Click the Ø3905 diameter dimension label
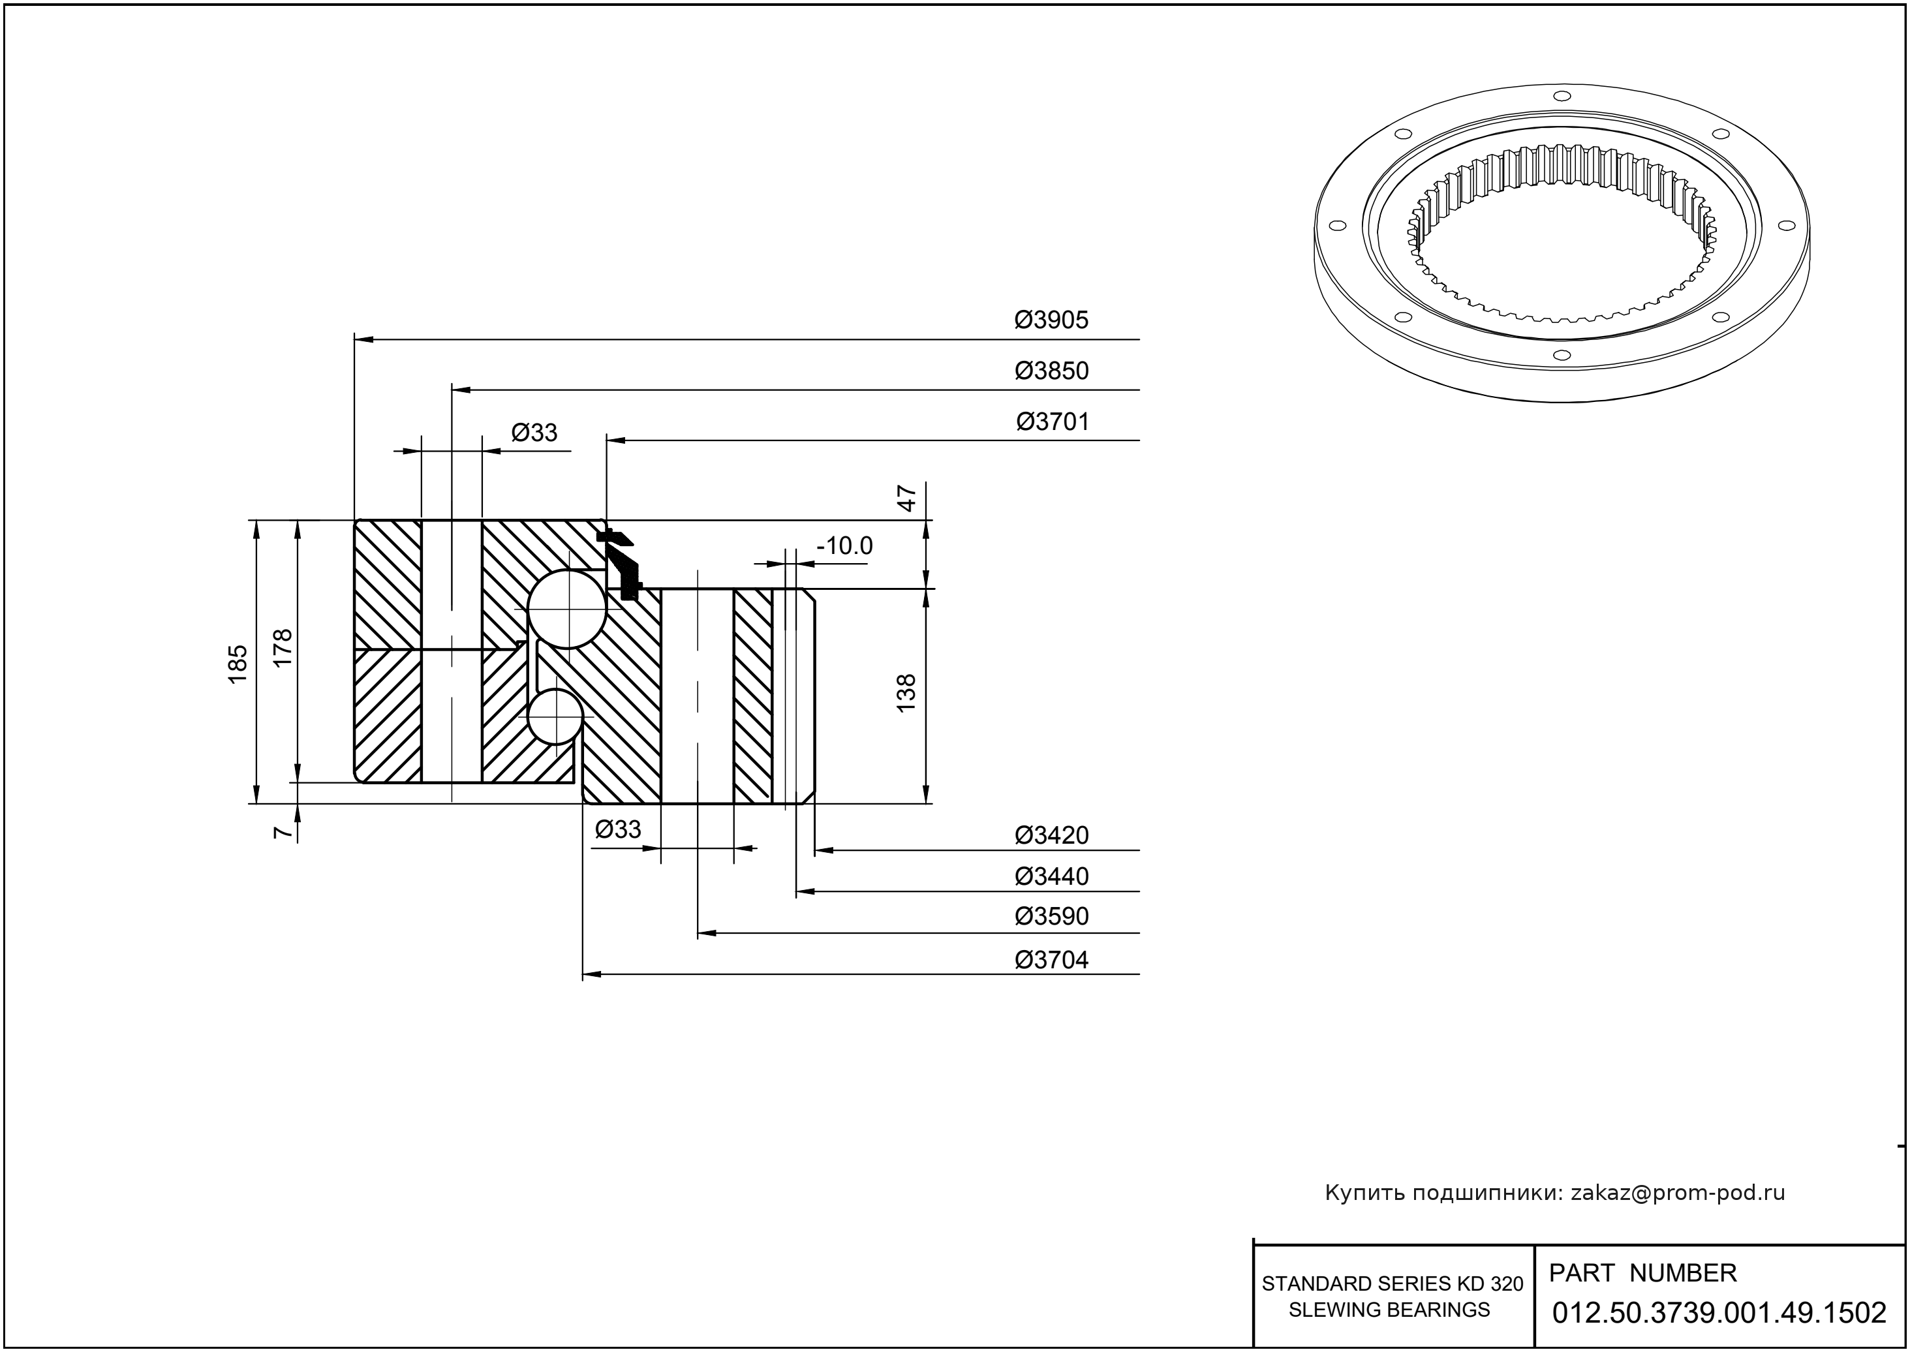tap(1051, 320)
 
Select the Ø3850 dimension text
tap(1051, 371)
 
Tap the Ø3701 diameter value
tap(1052, 422)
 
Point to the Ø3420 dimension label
tap(1051, 835)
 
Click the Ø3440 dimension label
tap(1051, 876)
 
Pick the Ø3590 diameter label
tap(1051, 917)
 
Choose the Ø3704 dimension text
tap(1051, 960)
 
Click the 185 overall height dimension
tap(238, 664)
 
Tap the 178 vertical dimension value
tap(283, 647)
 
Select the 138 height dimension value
tap(906, 692)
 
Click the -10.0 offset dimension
tap(844, 546)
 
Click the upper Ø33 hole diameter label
tap(534, 433)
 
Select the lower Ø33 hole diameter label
tap(619, 829)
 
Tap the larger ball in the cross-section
tap(567, 609)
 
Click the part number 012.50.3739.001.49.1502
tap(1719, 1313)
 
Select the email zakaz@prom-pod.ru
tap(1677, 1193)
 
